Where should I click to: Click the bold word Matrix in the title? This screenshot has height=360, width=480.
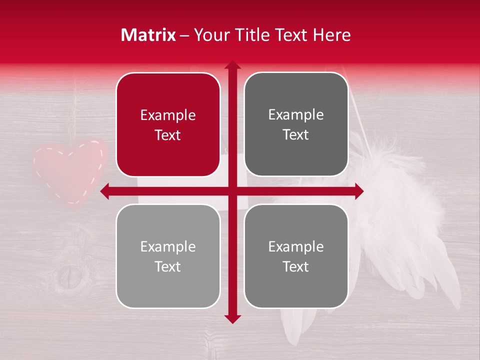click(x=148, y=35)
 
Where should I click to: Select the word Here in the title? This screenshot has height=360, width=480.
click(x=332, y=35)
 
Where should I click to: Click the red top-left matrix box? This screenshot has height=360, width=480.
click(x=168, y=124)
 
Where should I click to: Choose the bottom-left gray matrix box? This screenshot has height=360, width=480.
click(x=168, y=256)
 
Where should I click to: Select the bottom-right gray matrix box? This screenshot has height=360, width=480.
click(x=296, y=256)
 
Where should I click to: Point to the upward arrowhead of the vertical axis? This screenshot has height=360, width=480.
click(x=232, y=65)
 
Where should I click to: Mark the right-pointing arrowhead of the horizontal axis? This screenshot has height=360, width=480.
click(x=359, y=191)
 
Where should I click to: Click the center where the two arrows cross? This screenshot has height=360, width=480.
click(x=232, y=191)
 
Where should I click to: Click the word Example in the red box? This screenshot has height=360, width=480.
click(x=168, y=115)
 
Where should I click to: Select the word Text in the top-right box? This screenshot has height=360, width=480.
click(x=296, y=135)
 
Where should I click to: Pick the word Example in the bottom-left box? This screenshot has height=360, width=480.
click(x=168, y=247)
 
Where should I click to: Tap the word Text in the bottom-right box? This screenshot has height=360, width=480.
click(x=296, y=266)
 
